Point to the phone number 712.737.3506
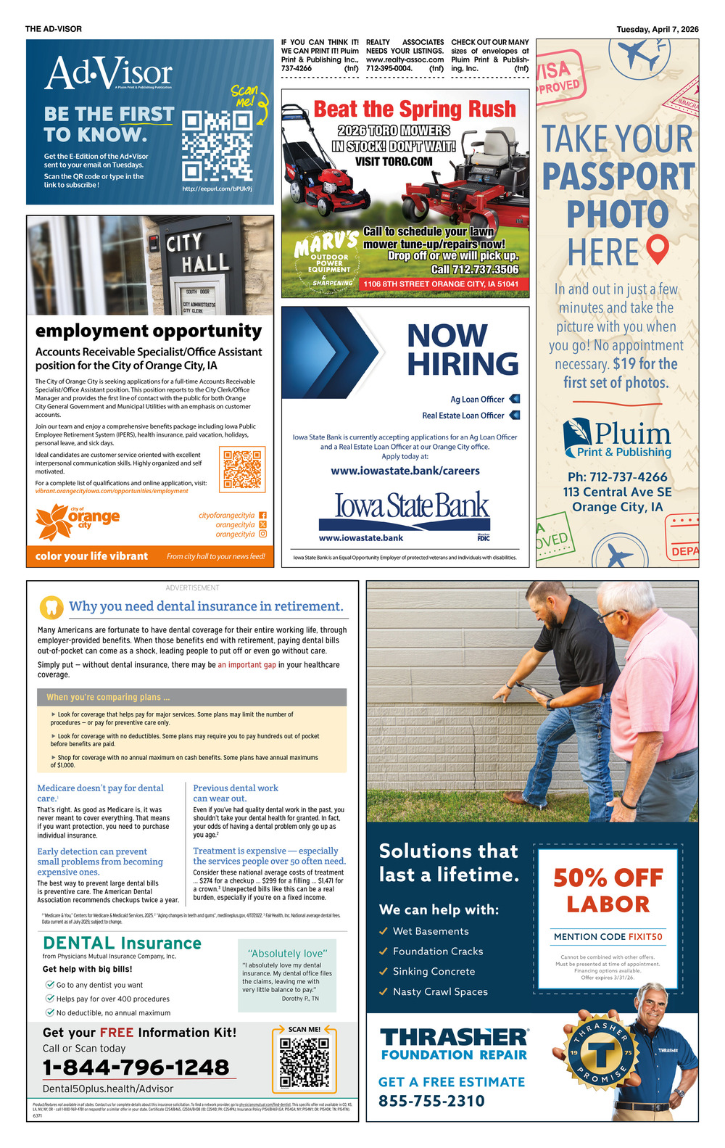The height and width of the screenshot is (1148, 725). click(x=475, y=269)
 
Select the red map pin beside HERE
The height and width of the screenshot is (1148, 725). click(x=657, y=249)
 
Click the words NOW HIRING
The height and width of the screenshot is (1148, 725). click(x=463, y=350)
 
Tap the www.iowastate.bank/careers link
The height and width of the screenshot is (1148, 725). click(x=405, y=471)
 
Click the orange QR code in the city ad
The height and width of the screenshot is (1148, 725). click(x=244, y=470)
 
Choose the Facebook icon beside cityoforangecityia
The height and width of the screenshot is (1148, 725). click(x=262, y=516)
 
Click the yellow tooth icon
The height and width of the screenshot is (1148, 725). click(x=51, y=606)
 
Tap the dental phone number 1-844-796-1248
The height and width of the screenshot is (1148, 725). click(x=136, y=1068)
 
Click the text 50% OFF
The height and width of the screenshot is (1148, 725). click(x=608, y=878)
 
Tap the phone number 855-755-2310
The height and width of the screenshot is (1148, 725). click(x=431, y=1101)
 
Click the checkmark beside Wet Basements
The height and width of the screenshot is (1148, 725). click(x=384, y=931)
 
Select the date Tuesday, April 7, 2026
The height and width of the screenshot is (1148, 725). click(x=658, y=30)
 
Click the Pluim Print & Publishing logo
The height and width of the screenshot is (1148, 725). click(x=617, y=439)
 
